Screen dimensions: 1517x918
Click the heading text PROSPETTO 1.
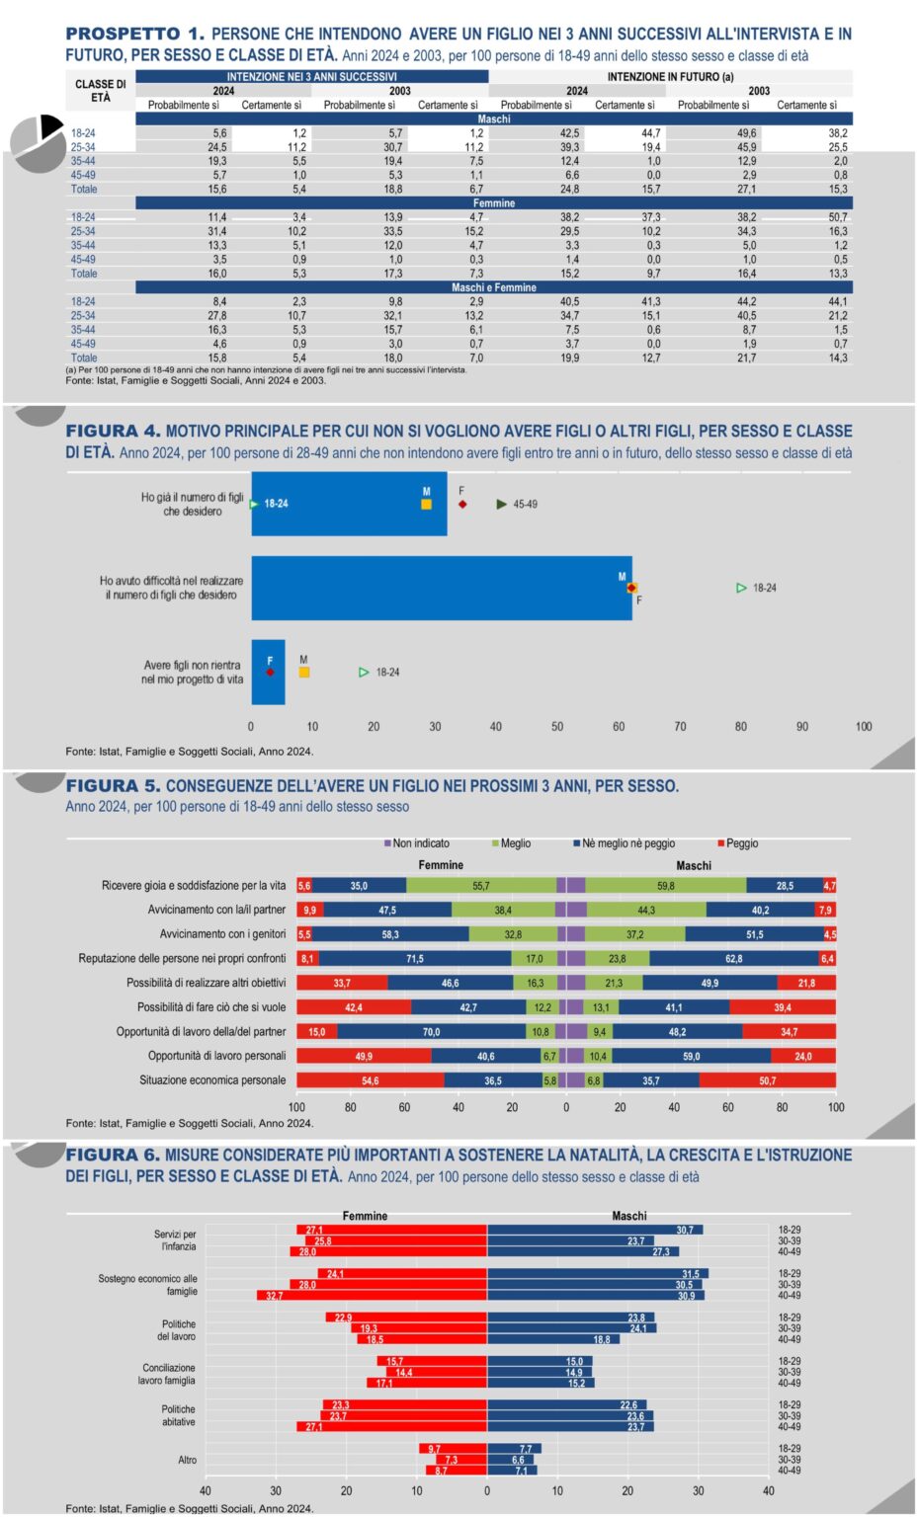pyautogui.click(x=134, y=35)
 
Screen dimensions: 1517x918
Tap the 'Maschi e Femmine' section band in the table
pyautogui.click(x=493, y=287)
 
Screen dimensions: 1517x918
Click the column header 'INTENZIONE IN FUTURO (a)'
pyautogui.click(x=670, y=76)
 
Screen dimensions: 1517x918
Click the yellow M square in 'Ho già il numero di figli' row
pyautogui.click(x=427, y=505)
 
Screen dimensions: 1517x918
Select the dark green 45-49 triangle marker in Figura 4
pyautogui.click(x=502, y=505)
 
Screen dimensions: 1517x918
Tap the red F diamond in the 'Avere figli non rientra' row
pyautogui.click(x=270, y=673)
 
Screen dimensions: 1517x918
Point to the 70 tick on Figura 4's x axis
pyautogui.click(x=680, y=727)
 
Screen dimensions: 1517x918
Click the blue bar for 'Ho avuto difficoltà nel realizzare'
pyautogui.click(x=441, y=589)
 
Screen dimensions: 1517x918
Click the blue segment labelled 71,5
pyautogui.click(x=415, y=959)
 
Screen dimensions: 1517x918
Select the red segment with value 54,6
pyautogui.click(x=370, y=1080)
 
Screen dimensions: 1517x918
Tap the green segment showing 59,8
pyautogui.click(x=666, y=886)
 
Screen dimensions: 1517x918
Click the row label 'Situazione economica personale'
pyautogui.click(x=212, y=1080)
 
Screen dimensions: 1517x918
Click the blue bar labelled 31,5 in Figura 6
pyautogui.click(x=597, y=1274)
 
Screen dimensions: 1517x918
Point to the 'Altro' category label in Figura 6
pyautogui.click(x=187, y=1460)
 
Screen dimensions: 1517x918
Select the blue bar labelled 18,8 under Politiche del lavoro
pyautogui.click(x=553, y=1339)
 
